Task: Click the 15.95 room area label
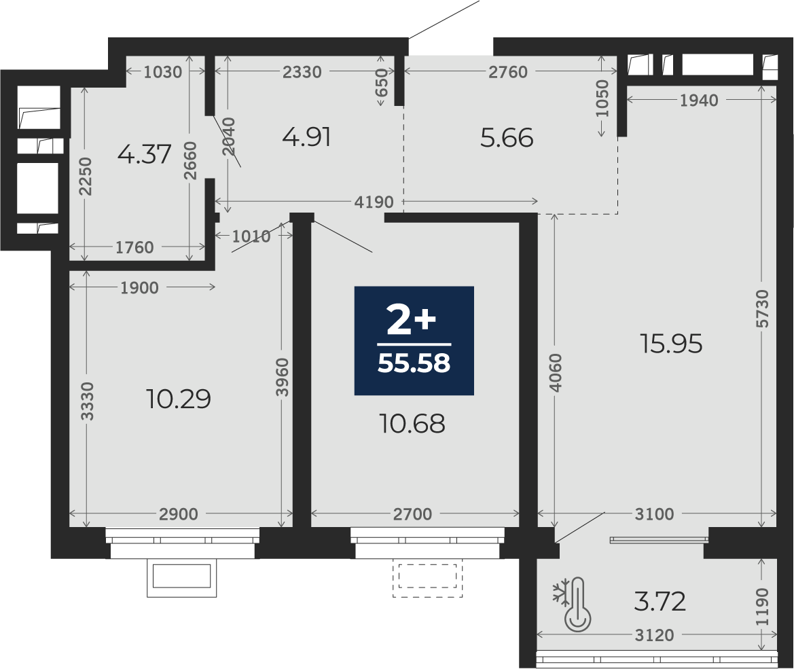click(x=671, y=344)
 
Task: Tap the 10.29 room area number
click(x=178, y=399)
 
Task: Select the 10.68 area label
click(x=412, y=423)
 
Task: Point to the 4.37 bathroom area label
click(x=144, y=154)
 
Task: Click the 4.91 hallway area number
click(x=307, y=137)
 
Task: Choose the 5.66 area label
click(x=507, y=138)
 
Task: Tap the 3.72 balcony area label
click(x=660, y=602)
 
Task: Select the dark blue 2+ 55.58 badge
click(x=414, y=340)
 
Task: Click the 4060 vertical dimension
click(x=556, y=372)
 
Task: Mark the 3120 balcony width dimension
click(x=654, y=635)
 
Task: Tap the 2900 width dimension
click(x=178, y=514)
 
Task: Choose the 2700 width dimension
click(x=413, y=514)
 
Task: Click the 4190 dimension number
click(x=374, y=202)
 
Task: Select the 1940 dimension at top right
click(x=699, y=101)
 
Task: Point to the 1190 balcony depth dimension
click(x=762, y=607)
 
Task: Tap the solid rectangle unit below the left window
click(x=182, y=577)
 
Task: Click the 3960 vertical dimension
click(x=283, y=378)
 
